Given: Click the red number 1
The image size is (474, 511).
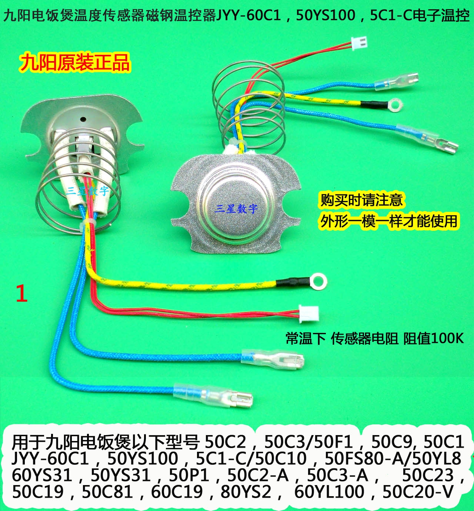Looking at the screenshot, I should point(22,293).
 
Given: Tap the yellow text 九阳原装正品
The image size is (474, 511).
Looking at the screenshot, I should point(75,62).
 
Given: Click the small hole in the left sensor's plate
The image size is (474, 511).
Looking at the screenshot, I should point(83,119).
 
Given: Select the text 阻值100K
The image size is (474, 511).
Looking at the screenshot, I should point(433,338).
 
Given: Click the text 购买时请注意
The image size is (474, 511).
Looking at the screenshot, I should point(361,200).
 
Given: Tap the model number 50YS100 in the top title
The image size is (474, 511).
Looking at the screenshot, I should point(326,16).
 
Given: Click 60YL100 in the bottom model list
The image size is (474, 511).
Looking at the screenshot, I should point(329,491).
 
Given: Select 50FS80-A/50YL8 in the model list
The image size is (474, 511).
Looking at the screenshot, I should point(393,458).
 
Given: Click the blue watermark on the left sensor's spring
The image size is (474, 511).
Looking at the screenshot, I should point(88,191).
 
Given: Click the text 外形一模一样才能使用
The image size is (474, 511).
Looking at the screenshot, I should point(389,221).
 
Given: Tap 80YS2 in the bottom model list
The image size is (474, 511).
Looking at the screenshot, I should point(246,491).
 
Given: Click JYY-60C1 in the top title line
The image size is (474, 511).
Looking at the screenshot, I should point(248,16).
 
